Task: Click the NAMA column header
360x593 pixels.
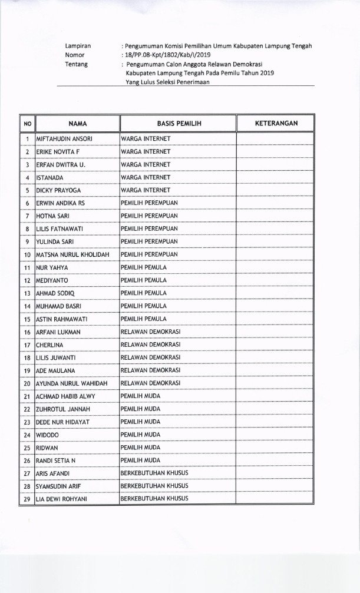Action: pyautogui.click(x=77, y=124)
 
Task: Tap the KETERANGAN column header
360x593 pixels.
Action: pyautogui.click(x=276, y=124)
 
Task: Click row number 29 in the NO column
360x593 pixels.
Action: pyautogui.click(x=27, y=499)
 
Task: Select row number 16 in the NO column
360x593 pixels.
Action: pyautogui.click(x=27, y=332)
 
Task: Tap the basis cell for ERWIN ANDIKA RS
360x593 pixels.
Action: pyautogui.click(x=149, y=203)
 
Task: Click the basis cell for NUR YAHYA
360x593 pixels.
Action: pyautogui.click(x=144, y=267)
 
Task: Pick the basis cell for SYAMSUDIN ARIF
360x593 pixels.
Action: pyautogui.click(x=154, y=486)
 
